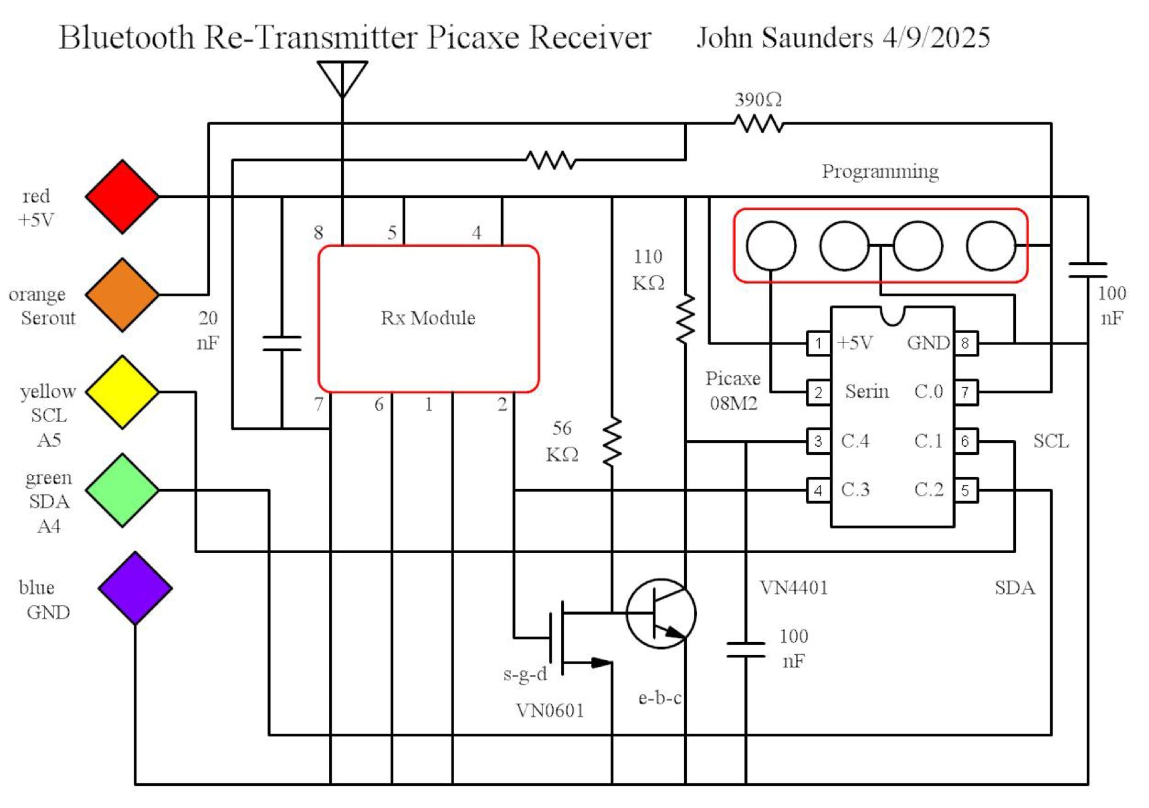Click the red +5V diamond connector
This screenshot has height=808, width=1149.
(x=122, y=197)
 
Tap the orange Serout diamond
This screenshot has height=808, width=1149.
(x=122, y=295)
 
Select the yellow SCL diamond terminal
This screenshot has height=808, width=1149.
(x=122, y=392)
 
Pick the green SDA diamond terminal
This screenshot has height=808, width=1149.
(x=122, y=490)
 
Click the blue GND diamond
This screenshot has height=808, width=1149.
(x=135, y=589)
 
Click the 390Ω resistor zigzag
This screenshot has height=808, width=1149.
(x=758, y=124)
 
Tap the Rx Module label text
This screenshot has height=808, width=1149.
(x=428, y=318)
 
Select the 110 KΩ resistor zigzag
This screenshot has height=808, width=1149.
(x=686, y=319)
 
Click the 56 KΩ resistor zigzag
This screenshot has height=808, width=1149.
(x=612, y=441)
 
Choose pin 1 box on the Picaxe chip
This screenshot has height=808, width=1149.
(x=819, y=344)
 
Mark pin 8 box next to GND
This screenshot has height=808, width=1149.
(x=965, y=344)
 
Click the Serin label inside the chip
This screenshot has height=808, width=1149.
(x=867, y=392)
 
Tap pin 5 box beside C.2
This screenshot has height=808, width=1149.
(x=965, y=490)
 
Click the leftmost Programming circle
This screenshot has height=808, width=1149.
(x=771, y=246)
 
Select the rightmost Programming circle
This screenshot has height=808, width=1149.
(x=991, y=246)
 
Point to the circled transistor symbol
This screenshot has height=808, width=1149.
(x=661, y=613)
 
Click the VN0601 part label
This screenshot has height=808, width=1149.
(x=550, y=710)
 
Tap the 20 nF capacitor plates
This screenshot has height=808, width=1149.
(x=282, y=344)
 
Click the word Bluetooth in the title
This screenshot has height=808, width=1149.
(x=126, y=37)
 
